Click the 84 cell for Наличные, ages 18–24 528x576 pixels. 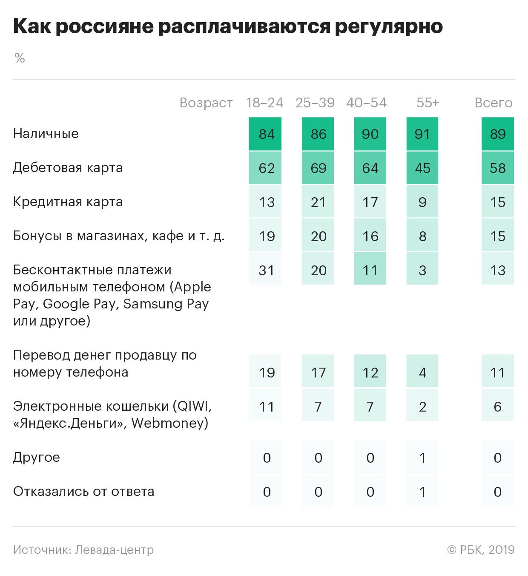[265, 134]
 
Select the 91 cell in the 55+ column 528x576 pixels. [422, 134]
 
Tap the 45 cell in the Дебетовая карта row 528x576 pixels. [422, 168]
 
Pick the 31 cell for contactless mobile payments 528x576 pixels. [265, 270]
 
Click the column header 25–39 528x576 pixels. [315, 103]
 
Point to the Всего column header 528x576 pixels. [494, 103]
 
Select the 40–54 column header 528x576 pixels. [367, 103]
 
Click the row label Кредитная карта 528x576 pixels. [68, 202]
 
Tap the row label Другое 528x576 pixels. [37, 457]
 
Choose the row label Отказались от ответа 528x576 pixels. [84, 491]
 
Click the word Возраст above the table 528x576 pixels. [206, 103]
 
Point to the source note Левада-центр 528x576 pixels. [114, 550]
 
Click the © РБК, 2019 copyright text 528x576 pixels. [481, 550]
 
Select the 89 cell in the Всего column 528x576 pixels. [498, 134]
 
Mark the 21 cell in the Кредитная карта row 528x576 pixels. [318, 202]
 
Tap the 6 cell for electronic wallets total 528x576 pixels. [498, 406]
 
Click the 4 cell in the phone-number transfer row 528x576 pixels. [422, 372]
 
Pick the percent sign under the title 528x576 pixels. [20, 58]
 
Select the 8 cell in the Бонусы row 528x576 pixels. [422, 236]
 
